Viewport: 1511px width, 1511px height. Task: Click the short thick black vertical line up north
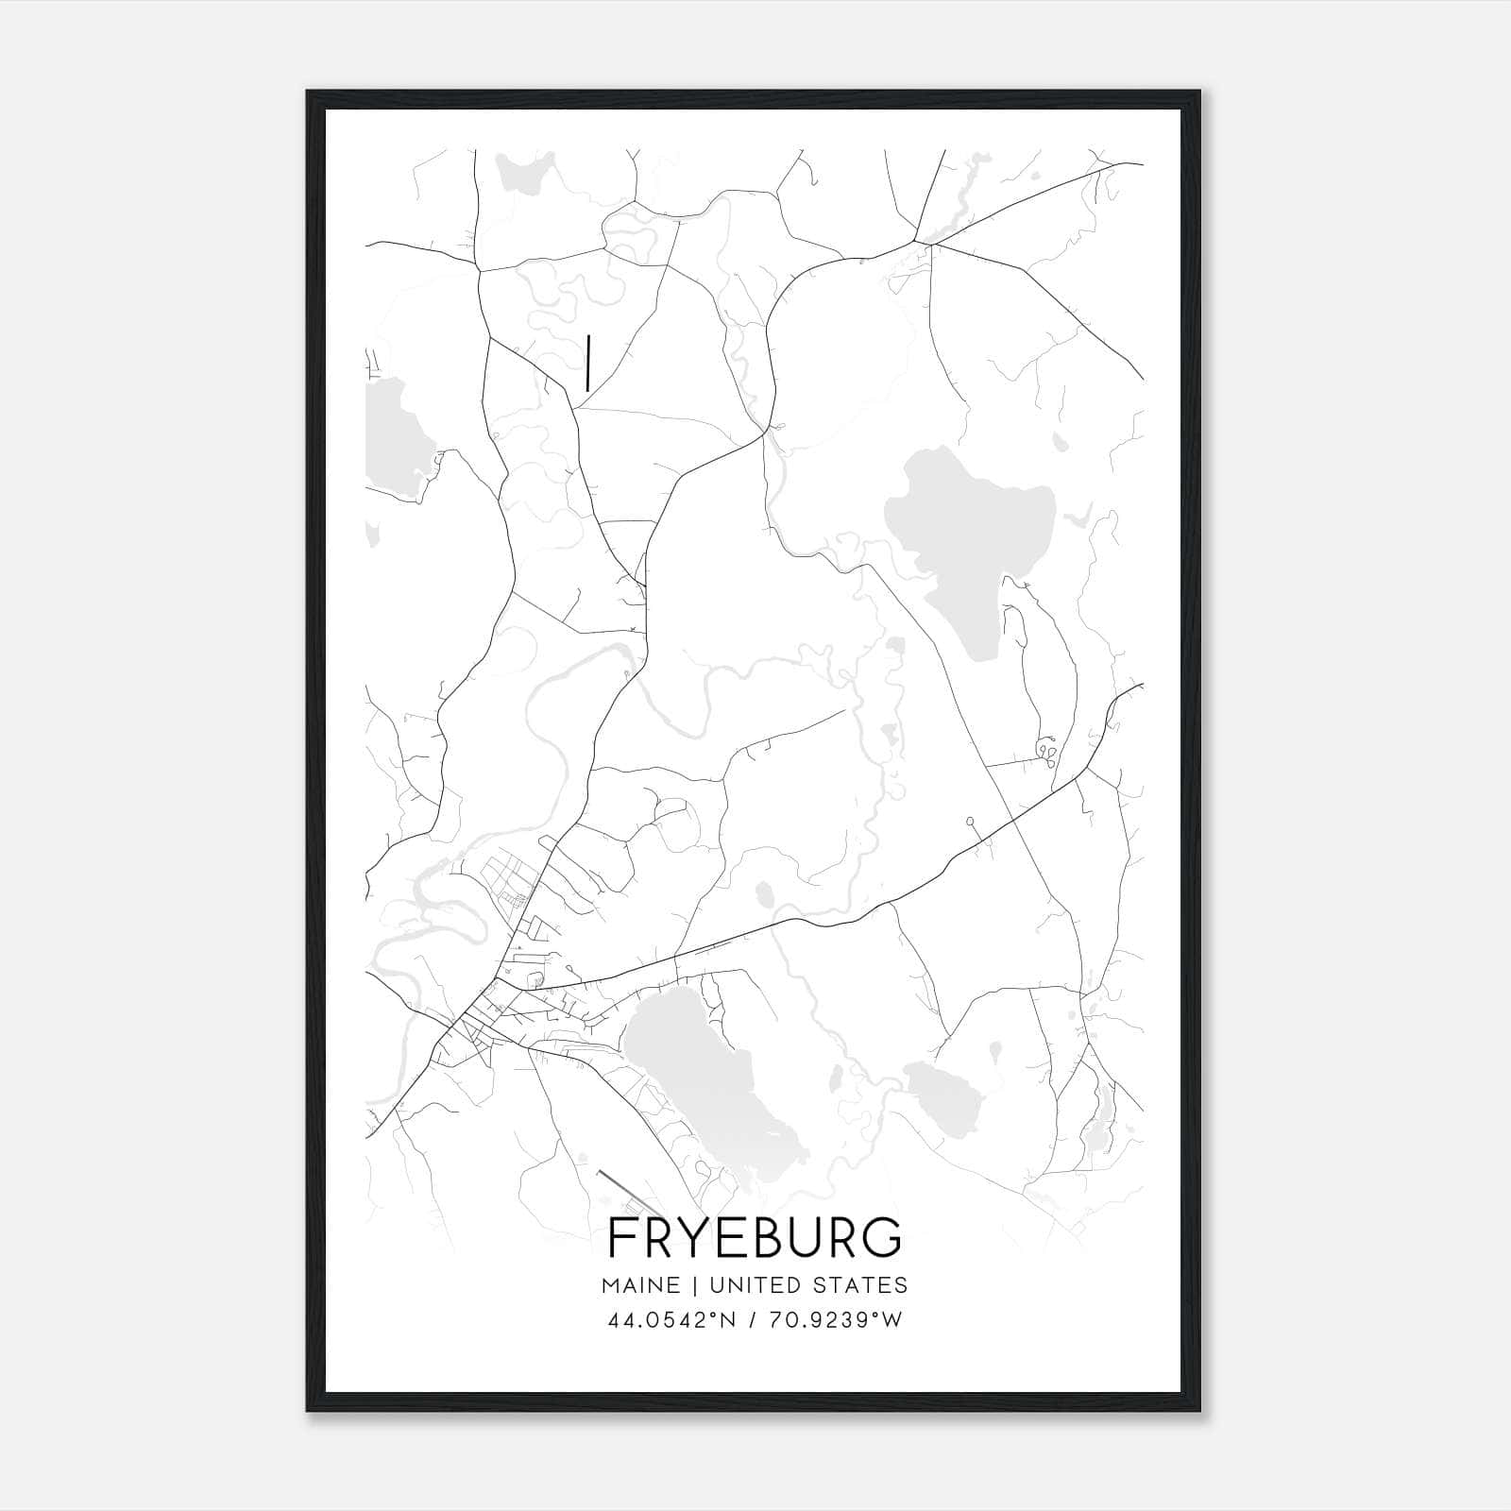coord(588,363)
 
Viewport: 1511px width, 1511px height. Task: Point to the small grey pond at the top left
coord(518,173)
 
